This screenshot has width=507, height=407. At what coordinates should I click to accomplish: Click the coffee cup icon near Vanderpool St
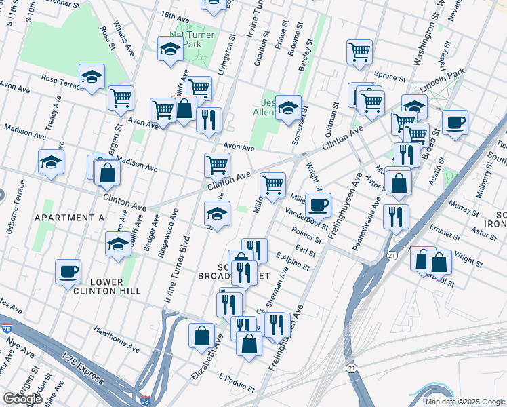coord(317,204)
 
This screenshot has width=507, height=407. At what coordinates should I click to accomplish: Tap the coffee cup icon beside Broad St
coord(455,122)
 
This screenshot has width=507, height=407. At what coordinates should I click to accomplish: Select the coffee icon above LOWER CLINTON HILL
coord(68,271)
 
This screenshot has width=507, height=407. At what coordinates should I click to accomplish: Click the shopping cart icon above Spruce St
coord(359,52)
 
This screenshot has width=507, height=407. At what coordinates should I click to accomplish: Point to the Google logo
coord(22,399)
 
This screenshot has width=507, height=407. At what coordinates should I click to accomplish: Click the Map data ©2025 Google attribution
coord(464,402)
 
